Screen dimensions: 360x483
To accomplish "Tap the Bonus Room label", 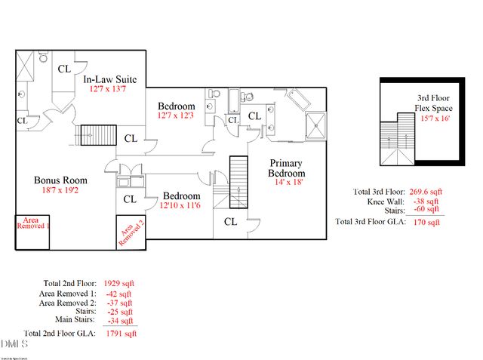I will (x=60, y=180).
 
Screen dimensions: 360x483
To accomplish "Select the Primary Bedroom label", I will (x=288, y=167).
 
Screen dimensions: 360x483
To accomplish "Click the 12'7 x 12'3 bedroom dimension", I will (x=177, y=116).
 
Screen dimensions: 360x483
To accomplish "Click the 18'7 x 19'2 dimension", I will (x=60, y=192).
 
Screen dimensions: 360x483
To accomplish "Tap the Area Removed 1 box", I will (x=32, y=223).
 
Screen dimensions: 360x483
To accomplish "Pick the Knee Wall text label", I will (x=384, y=202).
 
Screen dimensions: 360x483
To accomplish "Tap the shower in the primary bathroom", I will (x=316, y=125).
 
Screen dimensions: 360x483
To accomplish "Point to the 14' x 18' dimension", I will (x=288, y=182).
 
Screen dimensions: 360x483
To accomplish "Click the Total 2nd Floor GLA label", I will (x=60, y=332).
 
